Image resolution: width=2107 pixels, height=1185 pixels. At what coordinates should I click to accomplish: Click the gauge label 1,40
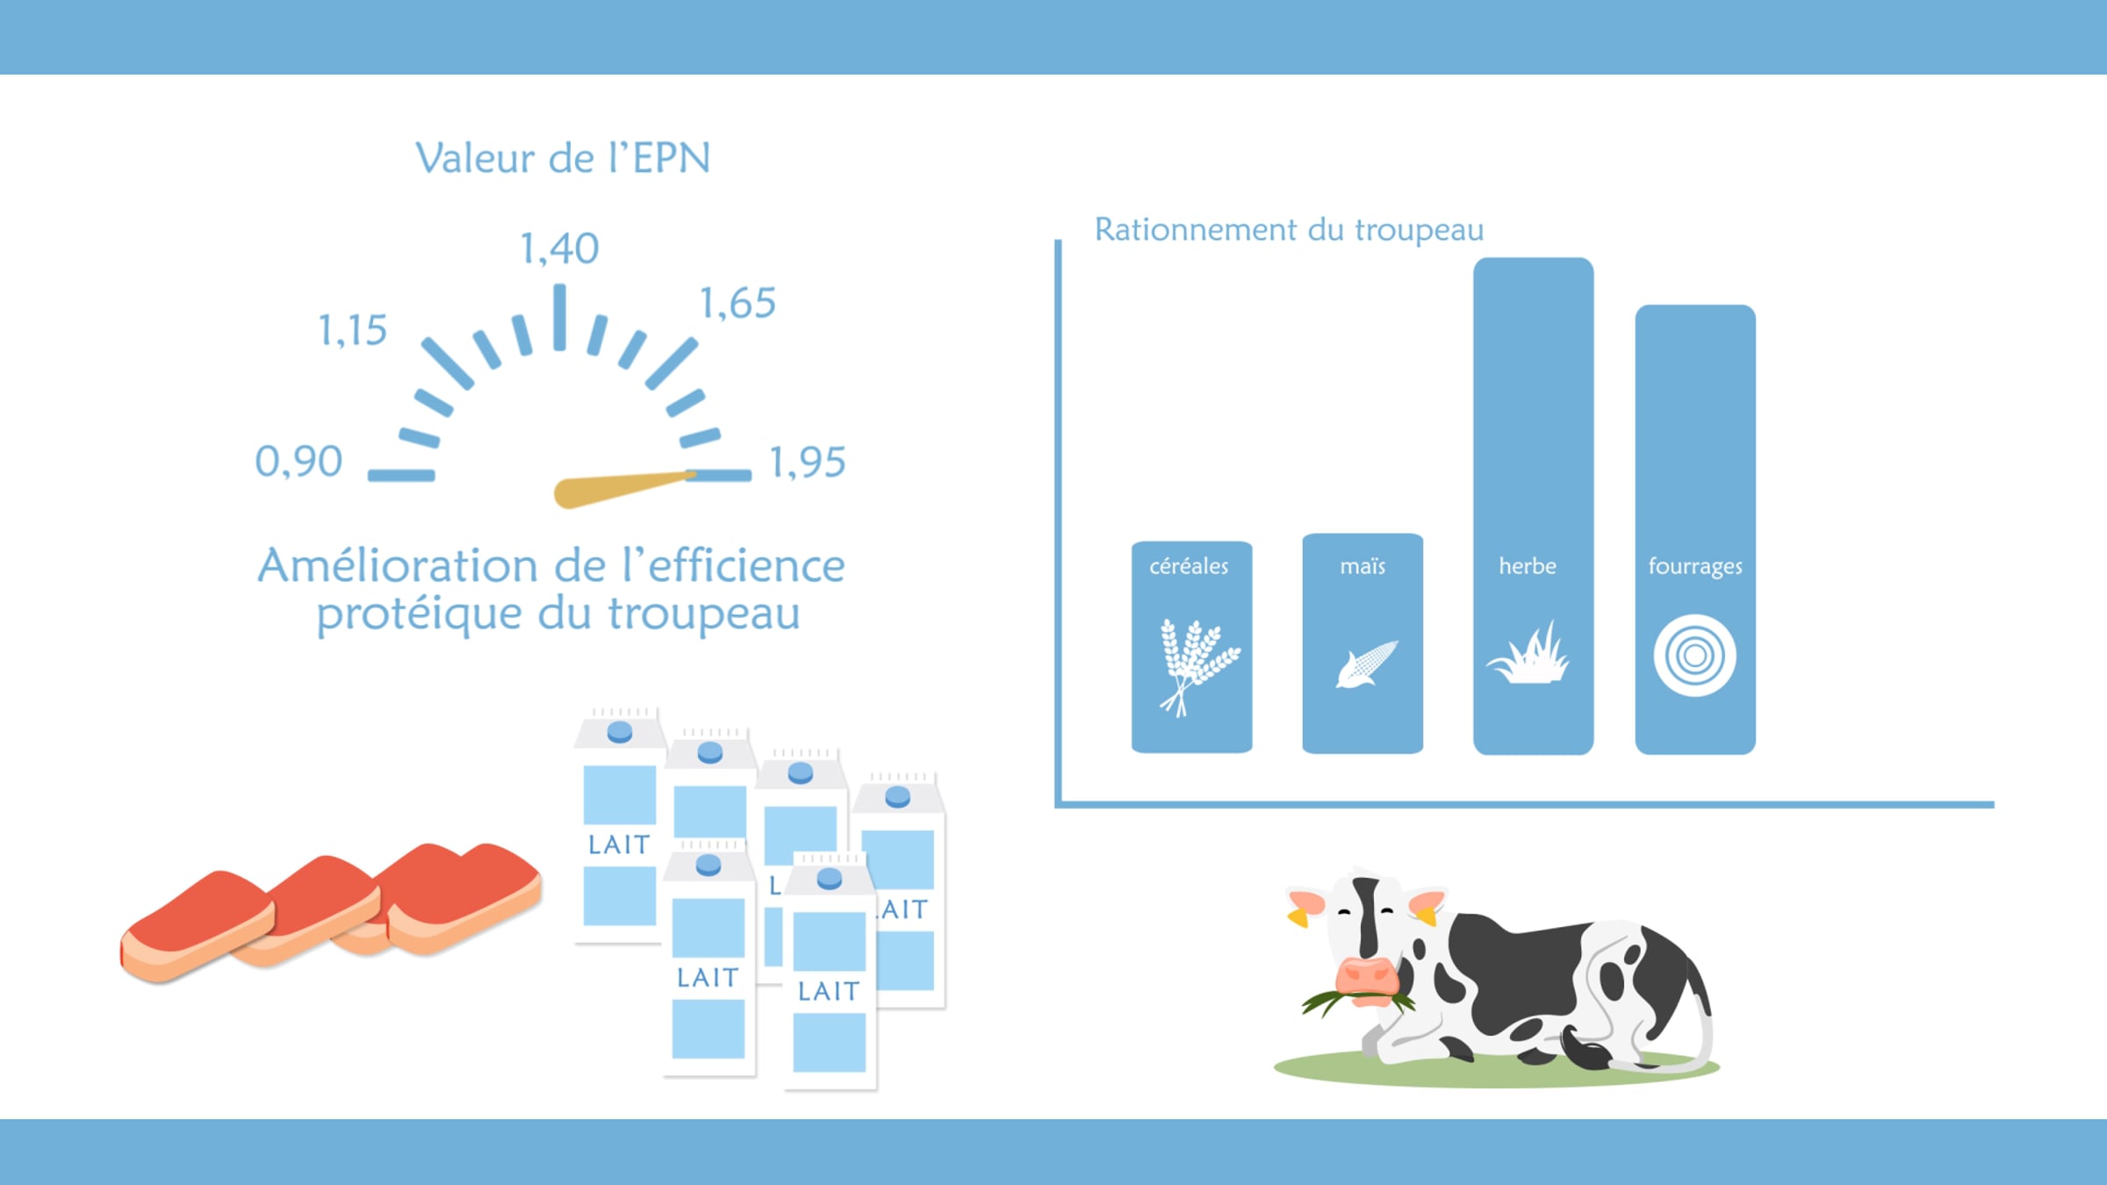coord(559,248)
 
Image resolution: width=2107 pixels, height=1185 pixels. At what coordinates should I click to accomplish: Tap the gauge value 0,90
coord(298,462)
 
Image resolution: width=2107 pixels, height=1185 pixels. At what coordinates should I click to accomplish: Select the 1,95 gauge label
coord(807,463)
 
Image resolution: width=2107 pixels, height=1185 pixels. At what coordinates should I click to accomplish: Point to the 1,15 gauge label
coord(352,331)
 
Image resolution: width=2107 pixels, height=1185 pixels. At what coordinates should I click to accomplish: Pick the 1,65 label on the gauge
coord(737,304)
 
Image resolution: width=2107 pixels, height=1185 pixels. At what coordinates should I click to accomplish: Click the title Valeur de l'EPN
coord(563,159)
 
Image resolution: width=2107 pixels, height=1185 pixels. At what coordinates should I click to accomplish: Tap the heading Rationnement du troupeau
coord(1289,230)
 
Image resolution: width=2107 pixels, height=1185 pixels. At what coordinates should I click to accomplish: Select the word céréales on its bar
coord(1189,566)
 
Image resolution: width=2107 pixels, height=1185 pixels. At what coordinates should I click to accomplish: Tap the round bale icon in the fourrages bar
coord(1694,656)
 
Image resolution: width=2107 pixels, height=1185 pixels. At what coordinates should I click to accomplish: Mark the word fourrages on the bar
coord(1695,567)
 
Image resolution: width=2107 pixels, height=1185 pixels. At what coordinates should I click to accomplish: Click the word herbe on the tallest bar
coord(1528,566)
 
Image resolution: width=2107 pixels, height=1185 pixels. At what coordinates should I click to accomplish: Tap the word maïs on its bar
coord(1363,566)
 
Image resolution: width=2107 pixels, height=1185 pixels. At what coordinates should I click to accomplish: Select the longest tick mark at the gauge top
coord(559,318)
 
